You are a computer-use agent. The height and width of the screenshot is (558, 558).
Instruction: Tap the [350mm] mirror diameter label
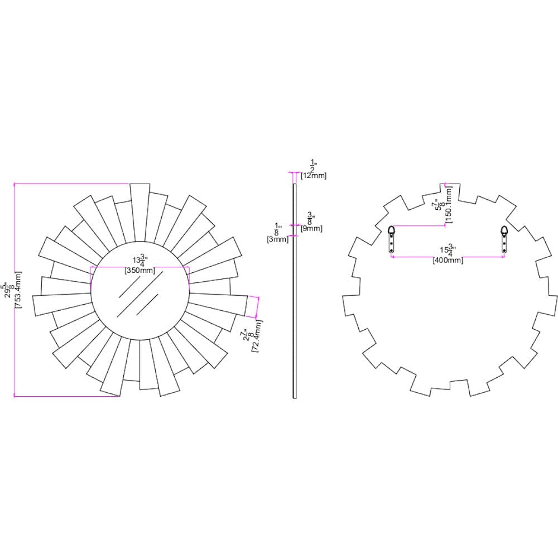click(x=140, y=271)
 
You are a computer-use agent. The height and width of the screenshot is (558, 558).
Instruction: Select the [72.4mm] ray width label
click(x=257, y=336)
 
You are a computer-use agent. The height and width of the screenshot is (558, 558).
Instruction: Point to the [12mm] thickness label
click(x=314, y=175)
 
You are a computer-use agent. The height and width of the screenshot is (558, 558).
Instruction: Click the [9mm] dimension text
click(x=311, y=228)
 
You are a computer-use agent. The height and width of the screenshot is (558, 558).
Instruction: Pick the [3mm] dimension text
click(x=277, y=239)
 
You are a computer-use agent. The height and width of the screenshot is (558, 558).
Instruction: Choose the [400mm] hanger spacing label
click(x=448, y=260)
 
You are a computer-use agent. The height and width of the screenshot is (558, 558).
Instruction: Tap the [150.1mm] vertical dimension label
click(x=449, y=204)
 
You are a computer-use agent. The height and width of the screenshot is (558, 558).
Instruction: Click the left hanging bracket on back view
click(x=391, y=239)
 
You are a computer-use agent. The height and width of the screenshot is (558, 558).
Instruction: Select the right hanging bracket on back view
click(x=504, y=239)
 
